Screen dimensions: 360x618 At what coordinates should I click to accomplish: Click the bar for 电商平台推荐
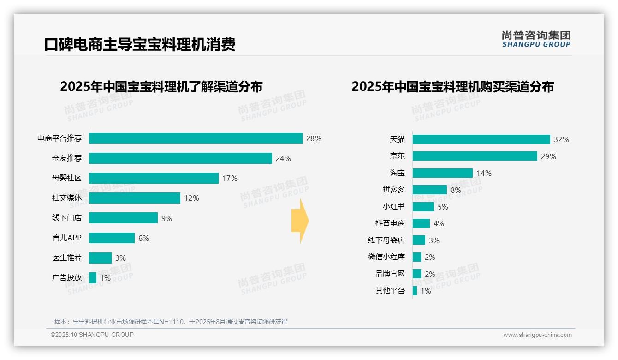[196, 138]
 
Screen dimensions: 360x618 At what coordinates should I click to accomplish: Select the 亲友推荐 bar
[180, 158]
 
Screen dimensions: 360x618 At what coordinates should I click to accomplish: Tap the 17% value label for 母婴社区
[230, 178]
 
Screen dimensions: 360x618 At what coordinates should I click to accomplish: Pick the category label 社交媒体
[67, 198]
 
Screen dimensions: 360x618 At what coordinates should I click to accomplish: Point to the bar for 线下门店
[123, 218]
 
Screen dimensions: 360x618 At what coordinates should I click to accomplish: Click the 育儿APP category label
[67, 238]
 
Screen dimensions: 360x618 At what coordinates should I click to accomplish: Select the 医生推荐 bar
[100, 258]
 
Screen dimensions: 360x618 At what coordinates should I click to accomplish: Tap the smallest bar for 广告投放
[93, 278]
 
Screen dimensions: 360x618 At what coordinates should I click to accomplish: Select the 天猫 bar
[481, 139]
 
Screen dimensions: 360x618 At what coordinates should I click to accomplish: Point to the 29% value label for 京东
[548, 156]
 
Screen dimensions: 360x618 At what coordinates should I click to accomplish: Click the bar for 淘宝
[442, 173]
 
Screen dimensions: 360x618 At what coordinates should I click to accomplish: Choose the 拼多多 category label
[393, 190]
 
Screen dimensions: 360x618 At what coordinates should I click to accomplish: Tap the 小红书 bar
[423, 207]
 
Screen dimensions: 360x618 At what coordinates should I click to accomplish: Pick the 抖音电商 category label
[390, 223]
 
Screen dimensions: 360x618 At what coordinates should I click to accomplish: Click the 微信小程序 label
[386, 257]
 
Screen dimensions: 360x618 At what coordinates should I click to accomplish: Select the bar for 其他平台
[415, 291]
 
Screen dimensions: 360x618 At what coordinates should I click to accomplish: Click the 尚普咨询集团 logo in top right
[536, 39]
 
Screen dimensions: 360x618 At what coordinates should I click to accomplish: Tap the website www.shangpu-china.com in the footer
[537, 335]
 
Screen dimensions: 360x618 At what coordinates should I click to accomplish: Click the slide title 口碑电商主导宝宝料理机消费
[140, 45]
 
